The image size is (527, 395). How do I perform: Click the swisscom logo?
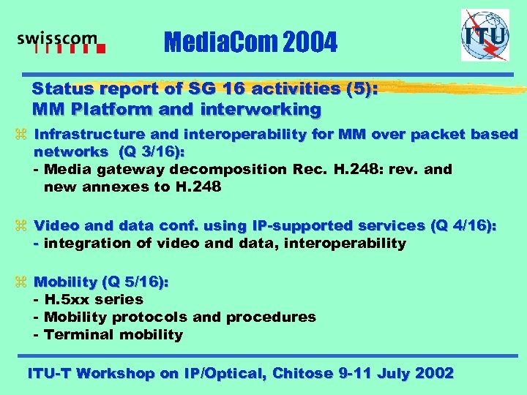(61, 43)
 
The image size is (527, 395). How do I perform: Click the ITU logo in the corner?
(484, 35)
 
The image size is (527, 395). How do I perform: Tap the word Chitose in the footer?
(302, 373)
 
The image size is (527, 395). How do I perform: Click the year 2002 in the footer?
(434, 373)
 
